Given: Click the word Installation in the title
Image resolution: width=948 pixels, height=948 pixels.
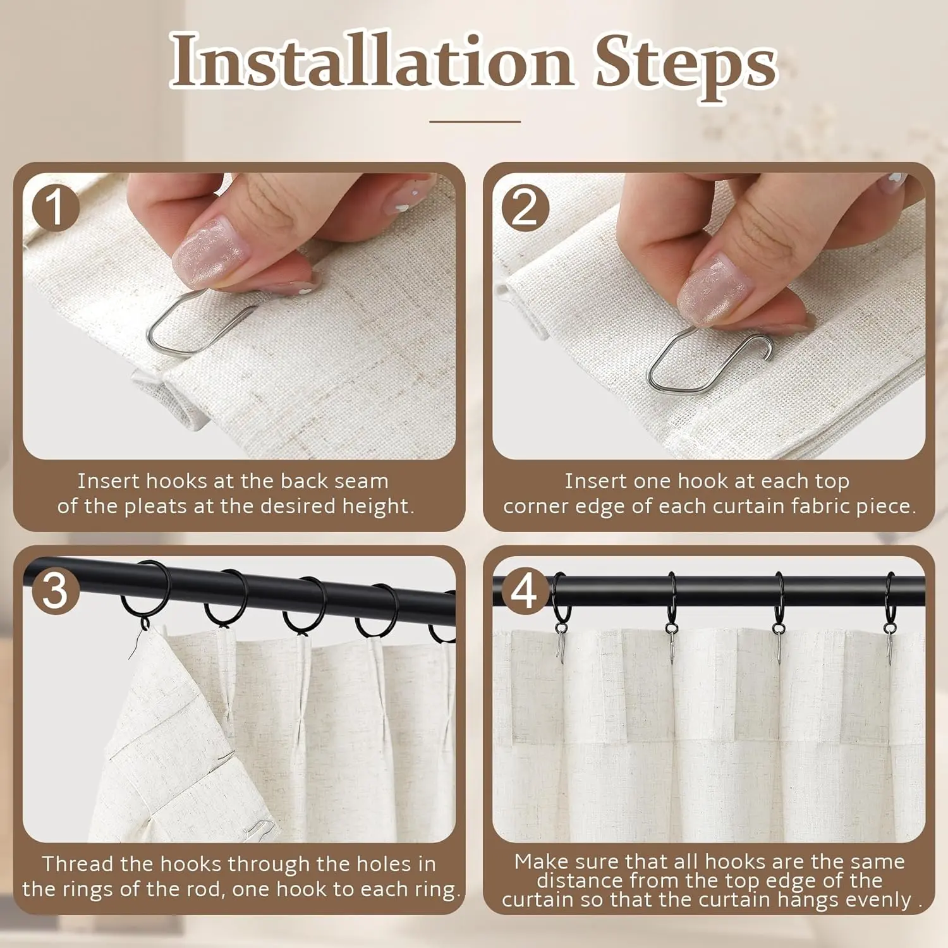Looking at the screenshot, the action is point(372,61).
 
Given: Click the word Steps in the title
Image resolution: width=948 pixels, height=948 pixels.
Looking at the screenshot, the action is point(686,66).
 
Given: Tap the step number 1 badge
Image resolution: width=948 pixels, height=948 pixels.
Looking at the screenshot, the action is point(55,207).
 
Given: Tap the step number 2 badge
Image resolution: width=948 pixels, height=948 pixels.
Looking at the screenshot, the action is point(525,207).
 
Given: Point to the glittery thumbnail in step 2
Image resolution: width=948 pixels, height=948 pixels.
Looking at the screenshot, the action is point(714,281).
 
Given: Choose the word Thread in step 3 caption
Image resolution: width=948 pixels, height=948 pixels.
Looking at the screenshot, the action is point(78,864).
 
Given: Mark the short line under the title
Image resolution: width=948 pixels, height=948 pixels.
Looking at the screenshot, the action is point(475,121).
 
